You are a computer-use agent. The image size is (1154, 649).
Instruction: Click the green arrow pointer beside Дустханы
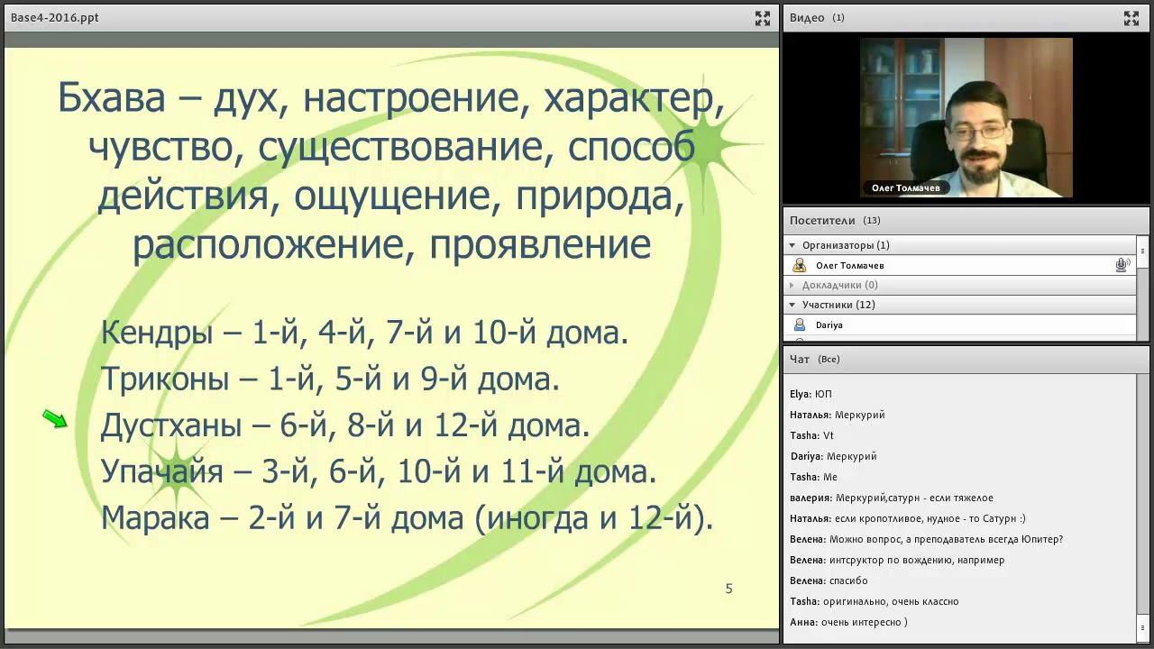(55, 419)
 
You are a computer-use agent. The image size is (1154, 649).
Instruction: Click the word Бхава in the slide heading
(111, 97)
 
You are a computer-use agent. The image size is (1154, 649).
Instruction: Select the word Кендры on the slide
(157, 333)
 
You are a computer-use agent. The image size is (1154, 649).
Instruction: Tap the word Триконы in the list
(165, 379)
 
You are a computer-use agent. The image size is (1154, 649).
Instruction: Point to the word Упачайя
(161, 471)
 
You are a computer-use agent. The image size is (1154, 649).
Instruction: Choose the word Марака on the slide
(155, 517)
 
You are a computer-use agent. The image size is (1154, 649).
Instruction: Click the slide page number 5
(729, 589)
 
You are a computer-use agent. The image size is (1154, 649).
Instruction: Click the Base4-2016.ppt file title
(55, 17)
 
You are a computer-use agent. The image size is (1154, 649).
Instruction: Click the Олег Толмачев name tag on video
(906, 188)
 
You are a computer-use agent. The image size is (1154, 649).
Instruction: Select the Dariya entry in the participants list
(829, 325)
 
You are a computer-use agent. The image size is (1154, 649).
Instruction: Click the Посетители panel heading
(822, 221)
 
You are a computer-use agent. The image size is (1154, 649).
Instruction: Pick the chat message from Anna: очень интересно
(848, 622)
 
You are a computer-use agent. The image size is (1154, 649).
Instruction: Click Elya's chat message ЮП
(811, 394)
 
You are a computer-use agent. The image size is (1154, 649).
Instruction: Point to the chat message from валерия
(892, 498)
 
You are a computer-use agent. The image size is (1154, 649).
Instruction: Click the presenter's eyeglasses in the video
(977, 132)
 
